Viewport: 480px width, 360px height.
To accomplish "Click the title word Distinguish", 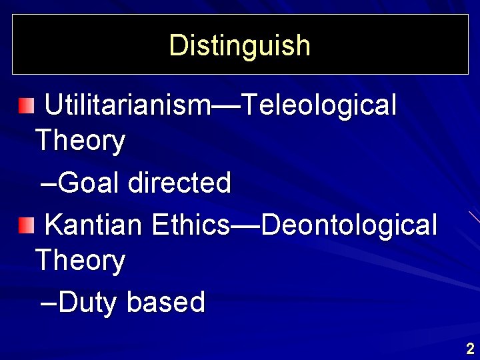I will (x=240, y=45).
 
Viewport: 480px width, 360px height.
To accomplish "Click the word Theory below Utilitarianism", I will (x=80, y=141).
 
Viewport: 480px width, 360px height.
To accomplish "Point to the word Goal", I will (x=89, y=183).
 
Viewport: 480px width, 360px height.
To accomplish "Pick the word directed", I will (x=179, y=183).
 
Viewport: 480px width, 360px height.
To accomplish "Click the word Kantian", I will (x=94, y=225).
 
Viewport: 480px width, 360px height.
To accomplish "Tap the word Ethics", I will (x=191, y=225).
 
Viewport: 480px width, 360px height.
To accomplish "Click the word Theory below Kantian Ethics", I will (x=80, y=261).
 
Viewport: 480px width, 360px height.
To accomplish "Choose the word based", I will (x=166, y=303).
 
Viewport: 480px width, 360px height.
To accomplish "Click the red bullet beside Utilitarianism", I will (x=25, y=105).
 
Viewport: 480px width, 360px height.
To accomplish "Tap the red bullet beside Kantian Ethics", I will (x=25, y=225).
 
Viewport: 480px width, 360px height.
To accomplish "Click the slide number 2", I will (x=470, y=348).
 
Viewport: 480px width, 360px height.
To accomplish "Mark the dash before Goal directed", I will (x=49, y=184).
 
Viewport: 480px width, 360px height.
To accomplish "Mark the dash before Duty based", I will (x=49, y=304).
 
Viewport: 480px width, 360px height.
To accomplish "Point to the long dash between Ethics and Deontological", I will (x=245, y=226).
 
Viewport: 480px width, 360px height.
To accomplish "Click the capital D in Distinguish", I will (x=177, y=45).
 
